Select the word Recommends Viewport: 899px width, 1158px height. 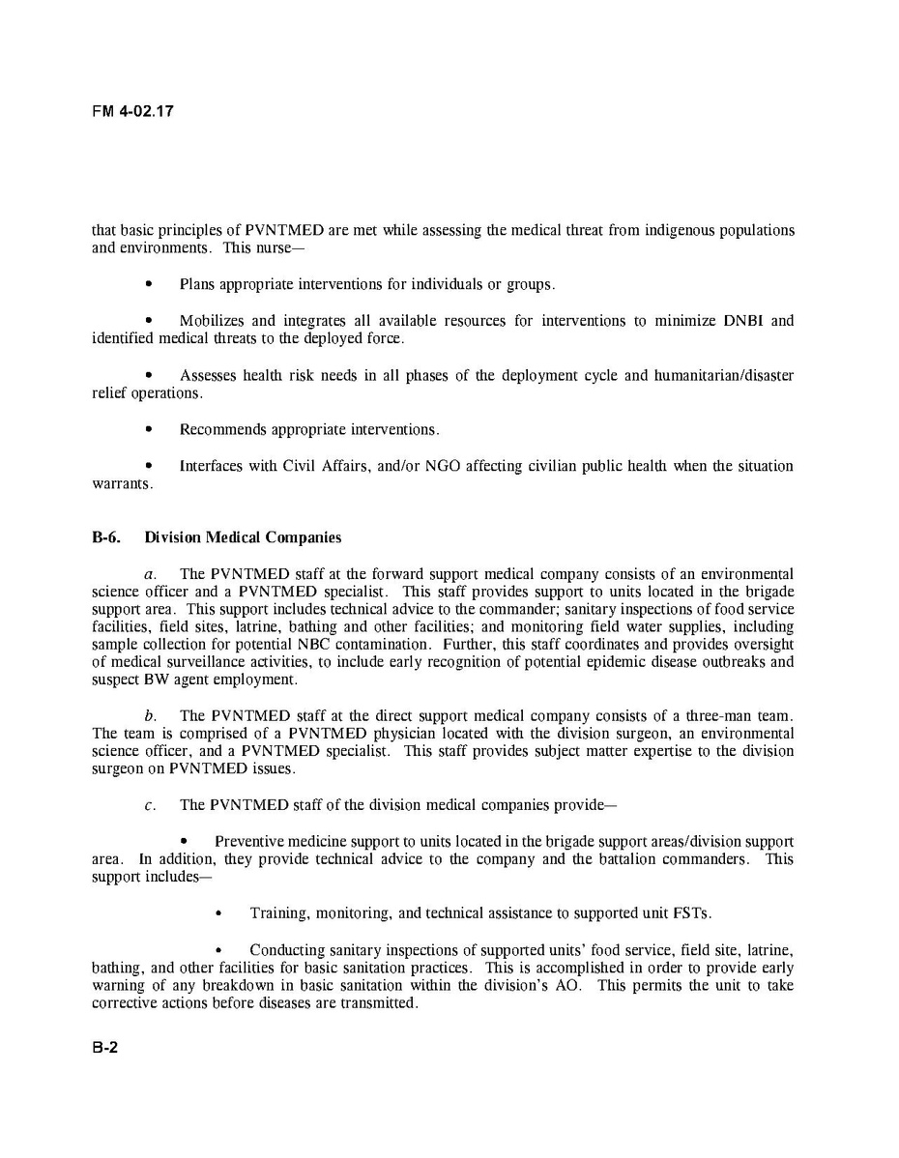click(x=220, y=429)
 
